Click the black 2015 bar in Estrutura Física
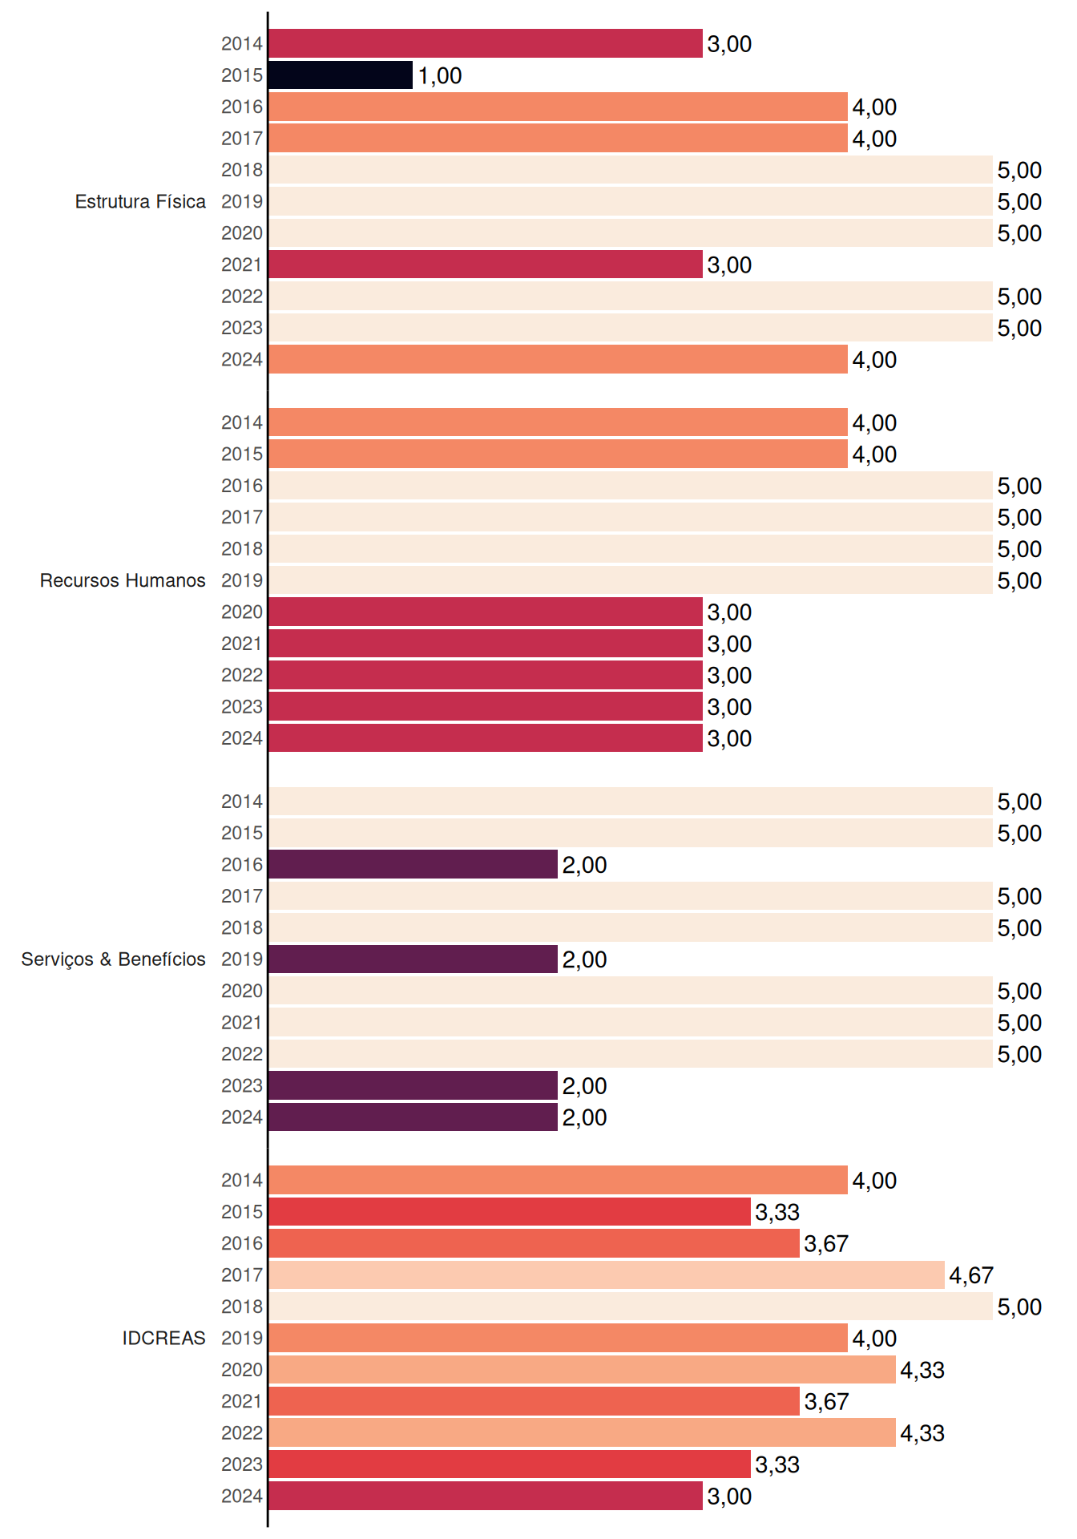point(341,75)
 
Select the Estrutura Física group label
point(140,201)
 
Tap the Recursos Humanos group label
point(123,580)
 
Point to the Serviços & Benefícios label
point(113,959)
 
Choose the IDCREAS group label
point(163,1338)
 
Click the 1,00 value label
point(440,76)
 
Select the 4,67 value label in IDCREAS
point(971,1275)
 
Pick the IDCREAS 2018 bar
point(631,1307)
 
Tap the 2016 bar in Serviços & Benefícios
point(413,864)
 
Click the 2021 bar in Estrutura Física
point(486,265)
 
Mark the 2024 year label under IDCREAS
point(242,1496)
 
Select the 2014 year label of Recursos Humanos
point(242,422)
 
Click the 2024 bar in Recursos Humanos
point(486,737)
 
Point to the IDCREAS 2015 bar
point(510,1212)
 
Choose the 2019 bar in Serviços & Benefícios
point(413,959)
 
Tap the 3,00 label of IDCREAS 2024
point(729,1497)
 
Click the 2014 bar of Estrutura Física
point(486,43)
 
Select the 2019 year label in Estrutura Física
point(242,201)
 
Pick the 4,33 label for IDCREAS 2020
point(922,1370)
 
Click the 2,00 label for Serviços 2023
point(584,1086)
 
